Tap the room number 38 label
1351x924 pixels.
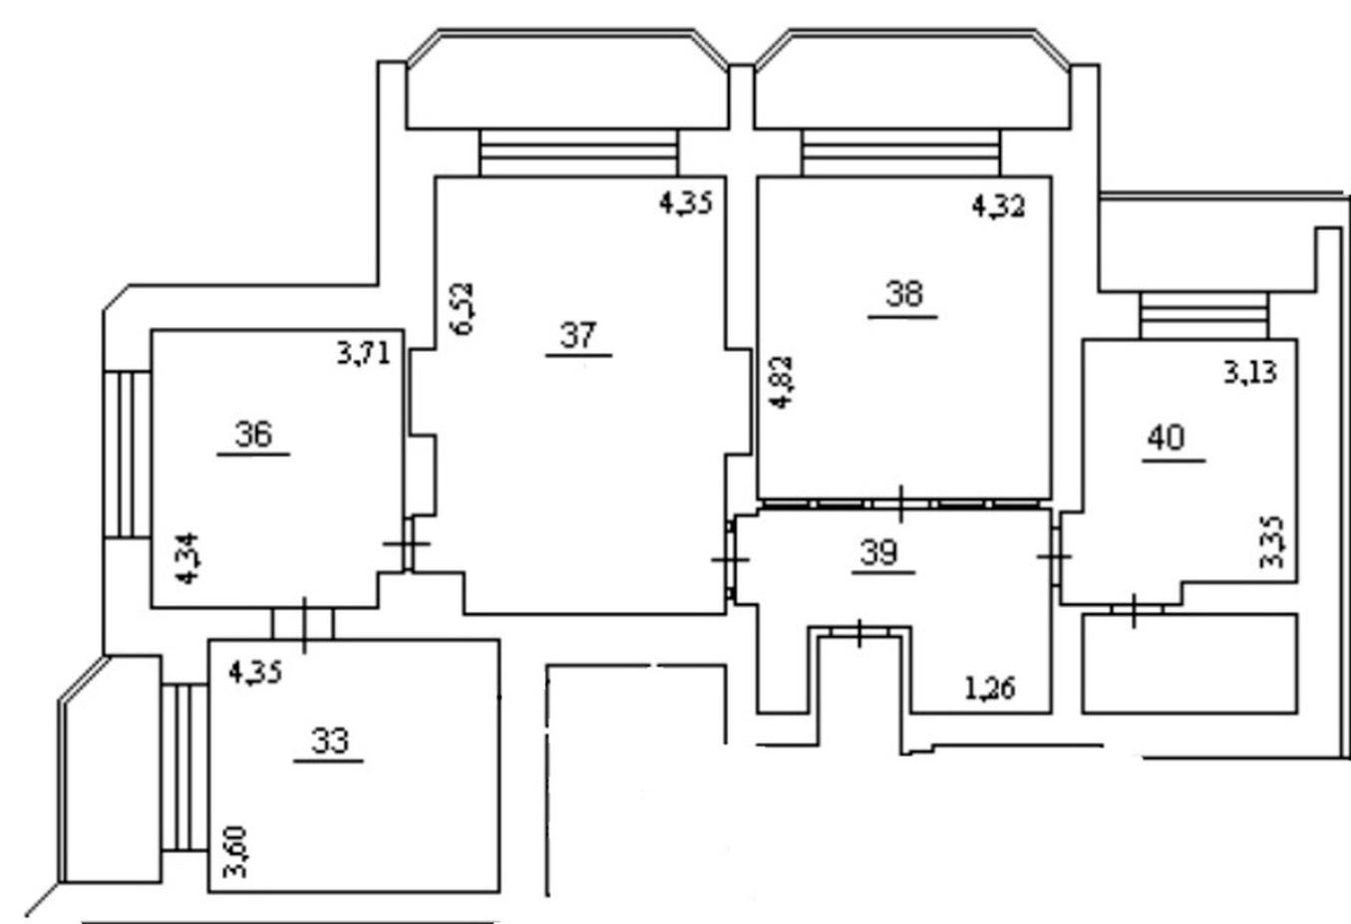pyautogui.click(x=904, y=295)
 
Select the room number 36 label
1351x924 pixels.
pyautogui.click(x=253, y=434)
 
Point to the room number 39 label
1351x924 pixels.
pyautogui.click(x=878, y=552)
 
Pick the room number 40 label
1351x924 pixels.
pyautogui.click(x=1166, y=438)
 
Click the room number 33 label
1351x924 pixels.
pyautogui.click(x=330, y=741)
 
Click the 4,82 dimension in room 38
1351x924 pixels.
pyautogui.click(x=783, y=383)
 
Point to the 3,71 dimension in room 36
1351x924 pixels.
pyautogui.click(x=364, y=354)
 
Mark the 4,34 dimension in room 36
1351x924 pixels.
pyautogui.click(x=187, y=558)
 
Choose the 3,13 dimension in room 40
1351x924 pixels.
pyautogui.click(x=1250, y=372)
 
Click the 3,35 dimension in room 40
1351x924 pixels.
pyautogui.click(x=1271, y=542)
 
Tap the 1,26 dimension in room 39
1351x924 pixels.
pyautogui.click(x=990, y=688)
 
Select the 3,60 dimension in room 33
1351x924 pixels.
pyautogui.click(x=235, y=851)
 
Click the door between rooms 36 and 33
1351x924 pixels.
pyautogui.click(x=303, y=624)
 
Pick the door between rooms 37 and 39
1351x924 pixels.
pyautogui.click(x=731, y=560)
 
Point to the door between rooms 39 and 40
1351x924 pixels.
pyautogui.click(x=1055, y=556)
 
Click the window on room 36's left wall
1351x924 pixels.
pyautogui.click(x=127, y=454)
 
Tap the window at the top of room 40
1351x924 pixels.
pyautogui.click(x=1203, y=315)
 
